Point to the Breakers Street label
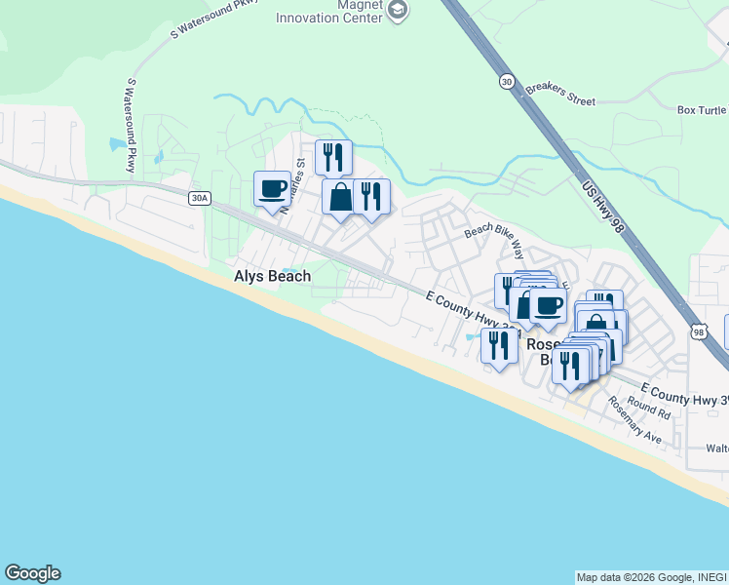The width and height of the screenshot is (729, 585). pos(560,94)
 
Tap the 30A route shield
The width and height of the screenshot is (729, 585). pos(199,198)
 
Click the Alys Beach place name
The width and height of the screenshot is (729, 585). pos(272,276)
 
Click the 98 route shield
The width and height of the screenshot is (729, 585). pos(699,332)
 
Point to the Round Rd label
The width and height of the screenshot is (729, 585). pos(649,408)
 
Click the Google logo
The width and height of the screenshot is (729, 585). pos(32,573)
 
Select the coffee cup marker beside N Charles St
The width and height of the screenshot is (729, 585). pos(272,188)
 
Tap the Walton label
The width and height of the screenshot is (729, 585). pos(716,448)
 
